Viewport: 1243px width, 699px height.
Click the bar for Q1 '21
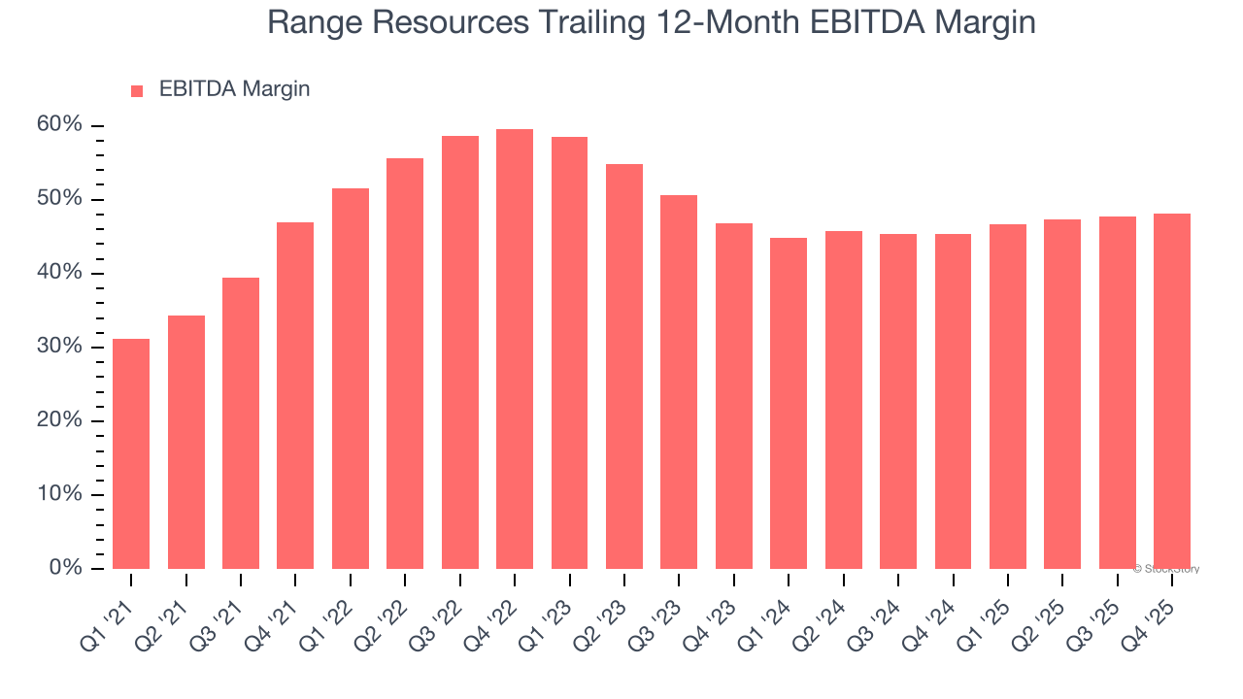[x=131, y=453]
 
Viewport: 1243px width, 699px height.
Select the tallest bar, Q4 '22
[x=515, y=349]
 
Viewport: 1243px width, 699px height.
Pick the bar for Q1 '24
[x=789, y=403]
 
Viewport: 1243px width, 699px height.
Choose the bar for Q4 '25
[x=1172, y=391]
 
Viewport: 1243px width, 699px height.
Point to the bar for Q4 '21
[x=295, y=395]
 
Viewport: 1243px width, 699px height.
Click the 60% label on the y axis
[x=60, y=125]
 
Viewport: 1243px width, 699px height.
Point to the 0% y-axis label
[x=66, y=568]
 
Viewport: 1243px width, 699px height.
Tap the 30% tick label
[x=60, y=347]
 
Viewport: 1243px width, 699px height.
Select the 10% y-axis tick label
[x=60, y=494]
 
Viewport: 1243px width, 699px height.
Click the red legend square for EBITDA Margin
[x=137, y=90]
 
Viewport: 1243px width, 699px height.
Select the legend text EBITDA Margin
[x=234, y=89]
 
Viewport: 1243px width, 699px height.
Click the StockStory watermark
[x=1166, y=569]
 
